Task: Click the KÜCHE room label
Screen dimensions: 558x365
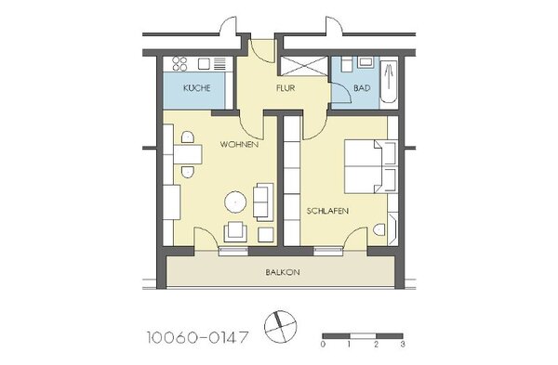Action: coord(197,88)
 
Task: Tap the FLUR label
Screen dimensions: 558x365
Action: coord(286,88)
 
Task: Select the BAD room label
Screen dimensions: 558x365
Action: coord(362,88)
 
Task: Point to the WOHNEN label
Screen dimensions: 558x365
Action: coord(239,145)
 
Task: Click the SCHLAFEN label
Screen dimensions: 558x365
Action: coord(327,211)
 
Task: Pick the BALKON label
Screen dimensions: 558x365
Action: coord(283,272)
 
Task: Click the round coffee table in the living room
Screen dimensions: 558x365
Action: coord(235,202)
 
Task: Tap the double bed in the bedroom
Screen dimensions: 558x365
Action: coord(370,166)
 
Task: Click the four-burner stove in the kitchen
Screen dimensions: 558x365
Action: coord(179,64)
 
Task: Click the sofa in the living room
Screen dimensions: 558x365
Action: coord(263,202)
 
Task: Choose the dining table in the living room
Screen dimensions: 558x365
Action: coord(188,154)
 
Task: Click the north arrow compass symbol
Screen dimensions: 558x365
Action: coord(281,327)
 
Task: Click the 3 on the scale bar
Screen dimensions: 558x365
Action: coord(403,344)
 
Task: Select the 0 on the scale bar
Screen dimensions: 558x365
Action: coord(323,344)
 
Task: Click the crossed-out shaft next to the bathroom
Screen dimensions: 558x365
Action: coord(303,66)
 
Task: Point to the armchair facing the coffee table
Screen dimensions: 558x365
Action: coord(235,231)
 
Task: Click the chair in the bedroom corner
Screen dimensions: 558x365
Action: coord(379,229)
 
